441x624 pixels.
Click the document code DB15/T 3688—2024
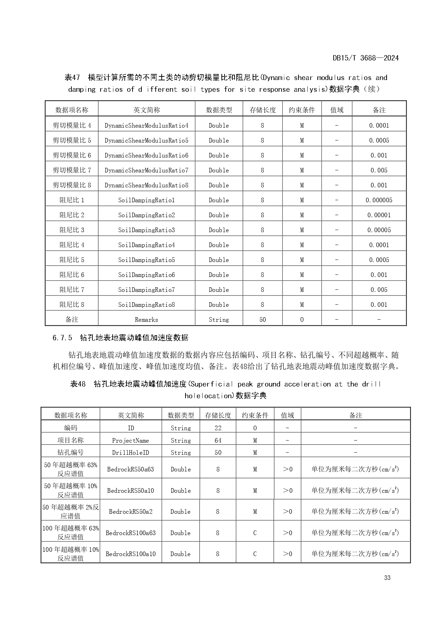tap(365, 58)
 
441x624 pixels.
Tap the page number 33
tap(387, 577)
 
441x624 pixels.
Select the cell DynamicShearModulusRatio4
tap(146, 126)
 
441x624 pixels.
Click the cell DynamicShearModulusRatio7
tap(146, 170)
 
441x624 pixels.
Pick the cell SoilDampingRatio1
tap(146, 200)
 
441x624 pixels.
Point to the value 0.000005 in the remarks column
tap(379, 200)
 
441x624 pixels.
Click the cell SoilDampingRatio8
tap(146, 305)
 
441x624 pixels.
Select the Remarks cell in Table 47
tap(146, 320)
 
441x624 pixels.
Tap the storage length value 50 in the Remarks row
tap(263, 320)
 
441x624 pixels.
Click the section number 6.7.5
tap(62, 338)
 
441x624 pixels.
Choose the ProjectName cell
tap(130, 441)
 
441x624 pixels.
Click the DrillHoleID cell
tap(130, 453)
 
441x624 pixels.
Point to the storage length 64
tap(218, 441)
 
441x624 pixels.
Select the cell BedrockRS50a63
tap(130, 469)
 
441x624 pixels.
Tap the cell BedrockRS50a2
tap(130, 512)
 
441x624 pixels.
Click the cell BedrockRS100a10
tap(130, 554)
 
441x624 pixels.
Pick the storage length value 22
tap(218, 428)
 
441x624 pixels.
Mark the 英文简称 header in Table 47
tap(146, 110)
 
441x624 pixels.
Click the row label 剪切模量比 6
tap(72, 155)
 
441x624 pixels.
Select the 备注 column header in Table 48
tap(355, 415)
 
